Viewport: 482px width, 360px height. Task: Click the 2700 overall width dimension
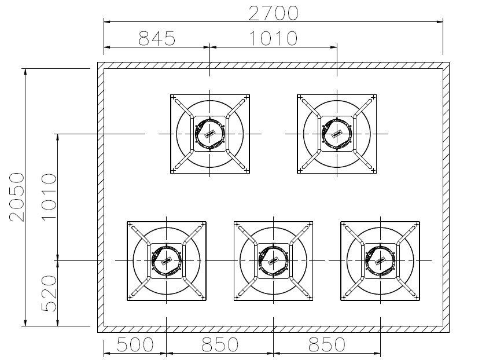click(273, 13)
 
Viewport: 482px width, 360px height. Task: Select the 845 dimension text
click(157, 38)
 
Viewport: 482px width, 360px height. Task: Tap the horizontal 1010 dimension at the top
click(273, 38)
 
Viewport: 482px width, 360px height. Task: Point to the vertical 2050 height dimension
click(17, 197)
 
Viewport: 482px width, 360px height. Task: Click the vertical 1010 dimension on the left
click(49, 197)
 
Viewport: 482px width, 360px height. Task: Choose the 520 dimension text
click(49, 293)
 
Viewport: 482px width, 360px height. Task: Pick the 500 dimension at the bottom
click(135, 344)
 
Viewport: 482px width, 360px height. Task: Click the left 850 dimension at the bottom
click(220, 344)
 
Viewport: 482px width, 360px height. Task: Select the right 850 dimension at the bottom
click(327, 344)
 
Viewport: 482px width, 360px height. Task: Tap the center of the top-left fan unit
click(210, 134)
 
